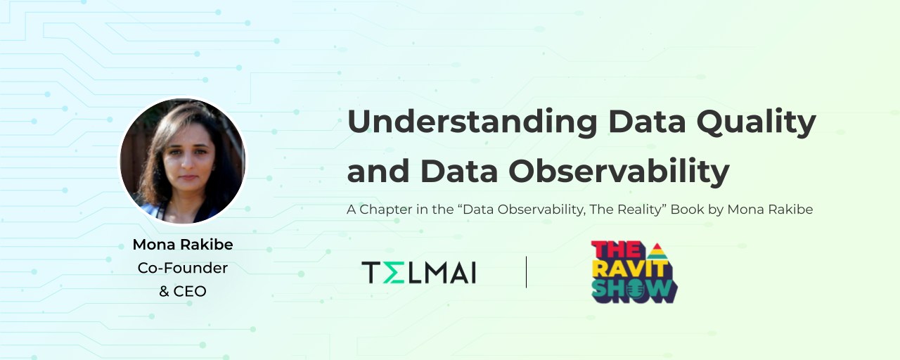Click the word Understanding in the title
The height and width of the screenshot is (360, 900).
[x=472, y=122]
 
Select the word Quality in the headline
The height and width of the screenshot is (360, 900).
[x=756, y=122]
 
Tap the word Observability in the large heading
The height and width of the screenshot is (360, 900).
[x=619, y=171]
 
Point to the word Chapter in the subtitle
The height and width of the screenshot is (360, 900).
[x=386, y=210]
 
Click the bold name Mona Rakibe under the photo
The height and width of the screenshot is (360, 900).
[x=183, y=244]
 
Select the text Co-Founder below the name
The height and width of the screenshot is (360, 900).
[x=183, y=268]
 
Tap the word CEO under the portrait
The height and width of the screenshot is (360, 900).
[x=190, y=291]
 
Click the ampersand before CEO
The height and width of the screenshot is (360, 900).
[x=164, y=291]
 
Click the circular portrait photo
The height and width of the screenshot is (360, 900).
[x=183, y=161]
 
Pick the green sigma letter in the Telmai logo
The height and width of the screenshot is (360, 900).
[x=394, y=272]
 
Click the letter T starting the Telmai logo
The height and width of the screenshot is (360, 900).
[x=371, y=272]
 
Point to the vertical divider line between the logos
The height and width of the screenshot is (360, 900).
[x=526, y=272]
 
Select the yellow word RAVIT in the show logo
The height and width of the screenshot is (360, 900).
[x=630, y=269]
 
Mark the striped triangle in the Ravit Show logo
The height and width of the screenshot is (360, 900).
[x=657, y=251]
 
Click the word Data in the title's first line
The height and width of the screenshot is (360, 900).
[x=647, y=122]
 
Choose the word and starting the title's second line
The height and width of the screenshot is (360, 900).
[x=378, y=171]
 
